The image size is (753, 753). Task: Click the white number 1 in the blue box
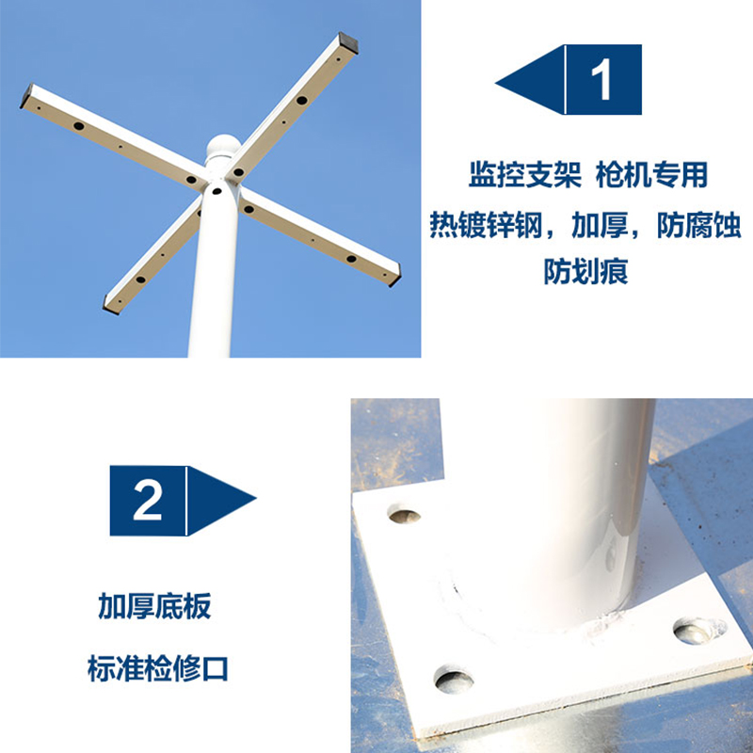(603, 80)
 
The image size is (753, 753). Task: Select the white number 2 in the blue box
(148, 501)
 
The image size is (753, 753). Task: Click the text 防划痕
(585, 272)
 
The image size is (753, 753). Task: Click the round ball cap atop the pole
(220, 150)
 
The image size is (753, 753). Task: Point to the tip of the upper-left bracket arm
(27, 97)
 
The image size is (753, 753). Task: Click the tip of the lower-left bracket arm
(110, 303)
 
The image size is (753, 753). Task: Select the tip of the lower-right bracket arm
(394, 275)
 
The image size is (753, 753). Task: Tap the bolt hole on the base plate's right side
(698, 631)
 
